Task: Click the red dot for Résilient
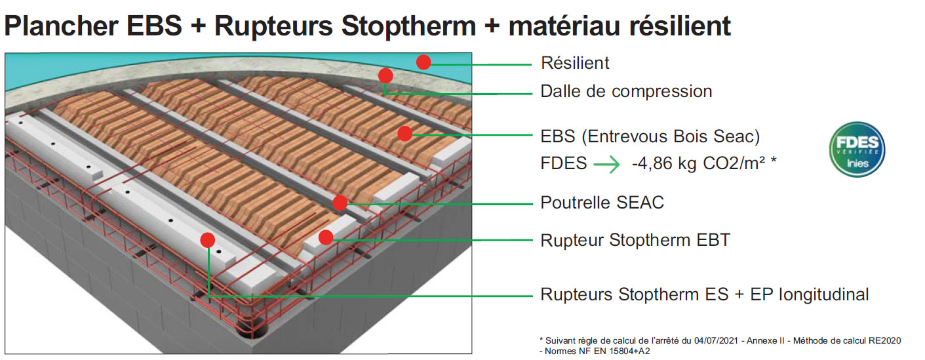424,62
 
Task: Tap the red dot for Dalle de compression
385,76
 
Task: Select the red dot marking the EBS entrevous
404,133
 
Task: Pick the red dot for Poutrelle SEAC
340,203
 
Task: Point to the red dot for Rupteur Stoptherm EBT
325,237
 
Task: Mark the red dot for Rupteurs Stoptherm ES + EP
208,240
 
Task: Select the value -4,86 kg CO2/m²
704,163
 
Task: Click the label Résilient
575,63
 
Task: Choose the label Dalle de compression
626,91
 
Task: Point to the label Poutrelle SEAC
602,203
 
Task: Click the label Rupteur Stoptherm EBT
635,241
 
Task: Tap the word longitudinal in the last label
824,295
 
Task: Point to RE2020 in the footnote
885,340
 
